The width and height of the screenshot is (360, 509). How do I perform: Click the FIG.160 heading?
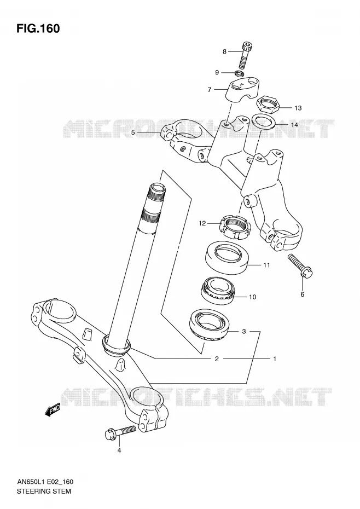(38, 28)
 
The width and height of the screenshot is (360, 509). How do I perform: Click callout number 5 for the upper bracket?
(132, 132)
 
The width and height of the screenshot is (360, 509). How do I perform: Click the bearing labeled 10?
(218, 290)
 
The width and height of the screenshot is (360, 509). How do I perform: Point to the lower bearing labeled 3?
(210, 325)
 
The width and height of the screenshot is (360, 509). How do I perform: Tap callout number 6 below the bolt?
(302, 294)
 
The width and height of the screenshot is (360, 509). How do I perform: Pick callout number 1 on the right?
(275, 358)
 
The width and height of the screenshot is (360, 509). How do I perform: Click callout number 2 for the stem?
(217, 358)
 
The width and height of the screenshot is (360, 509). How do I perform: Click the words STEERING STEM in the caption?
(44, 491)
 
